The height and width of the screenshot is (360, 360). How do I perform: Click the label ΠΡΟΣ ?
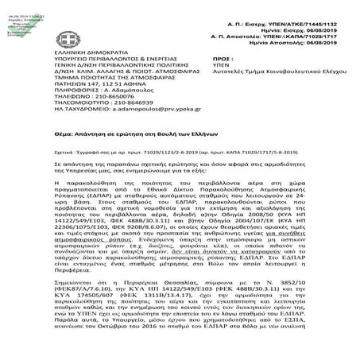[x=225, y=58]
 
